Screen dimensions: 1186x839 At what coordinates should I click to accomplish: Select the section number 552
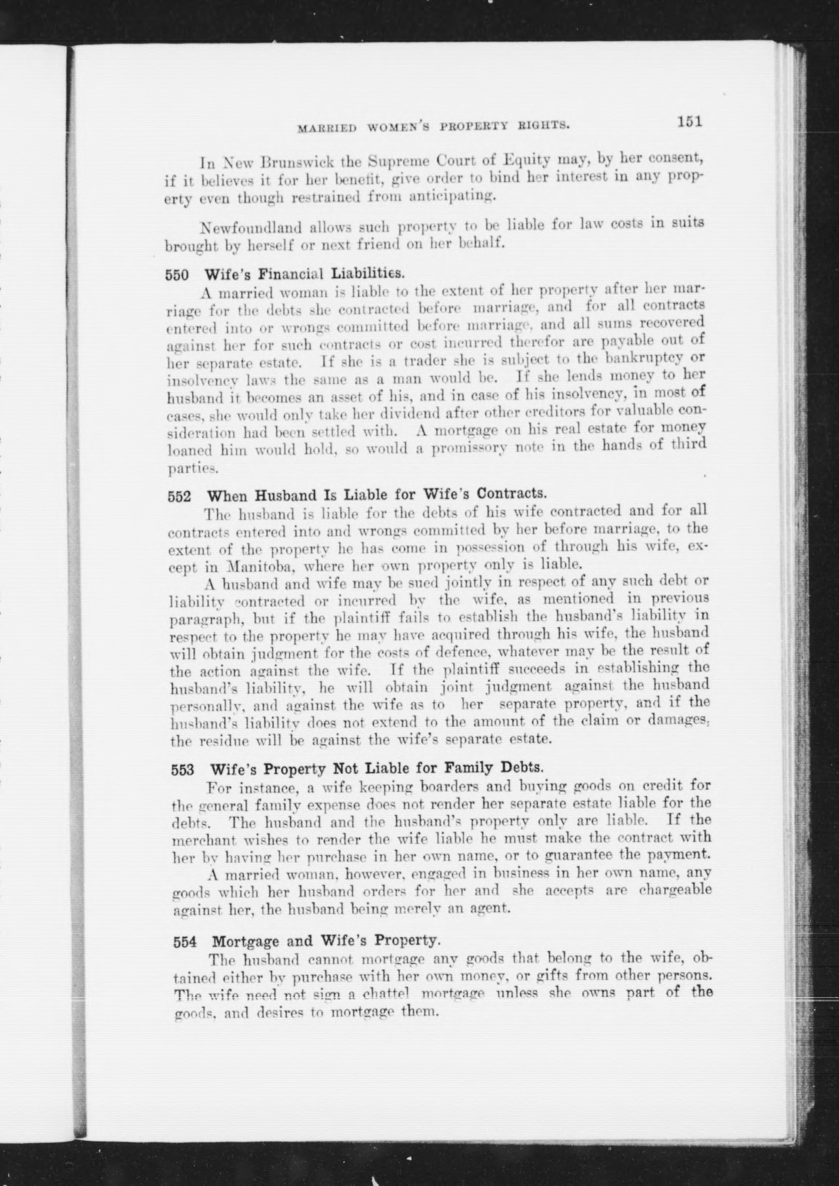(179, 497)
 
